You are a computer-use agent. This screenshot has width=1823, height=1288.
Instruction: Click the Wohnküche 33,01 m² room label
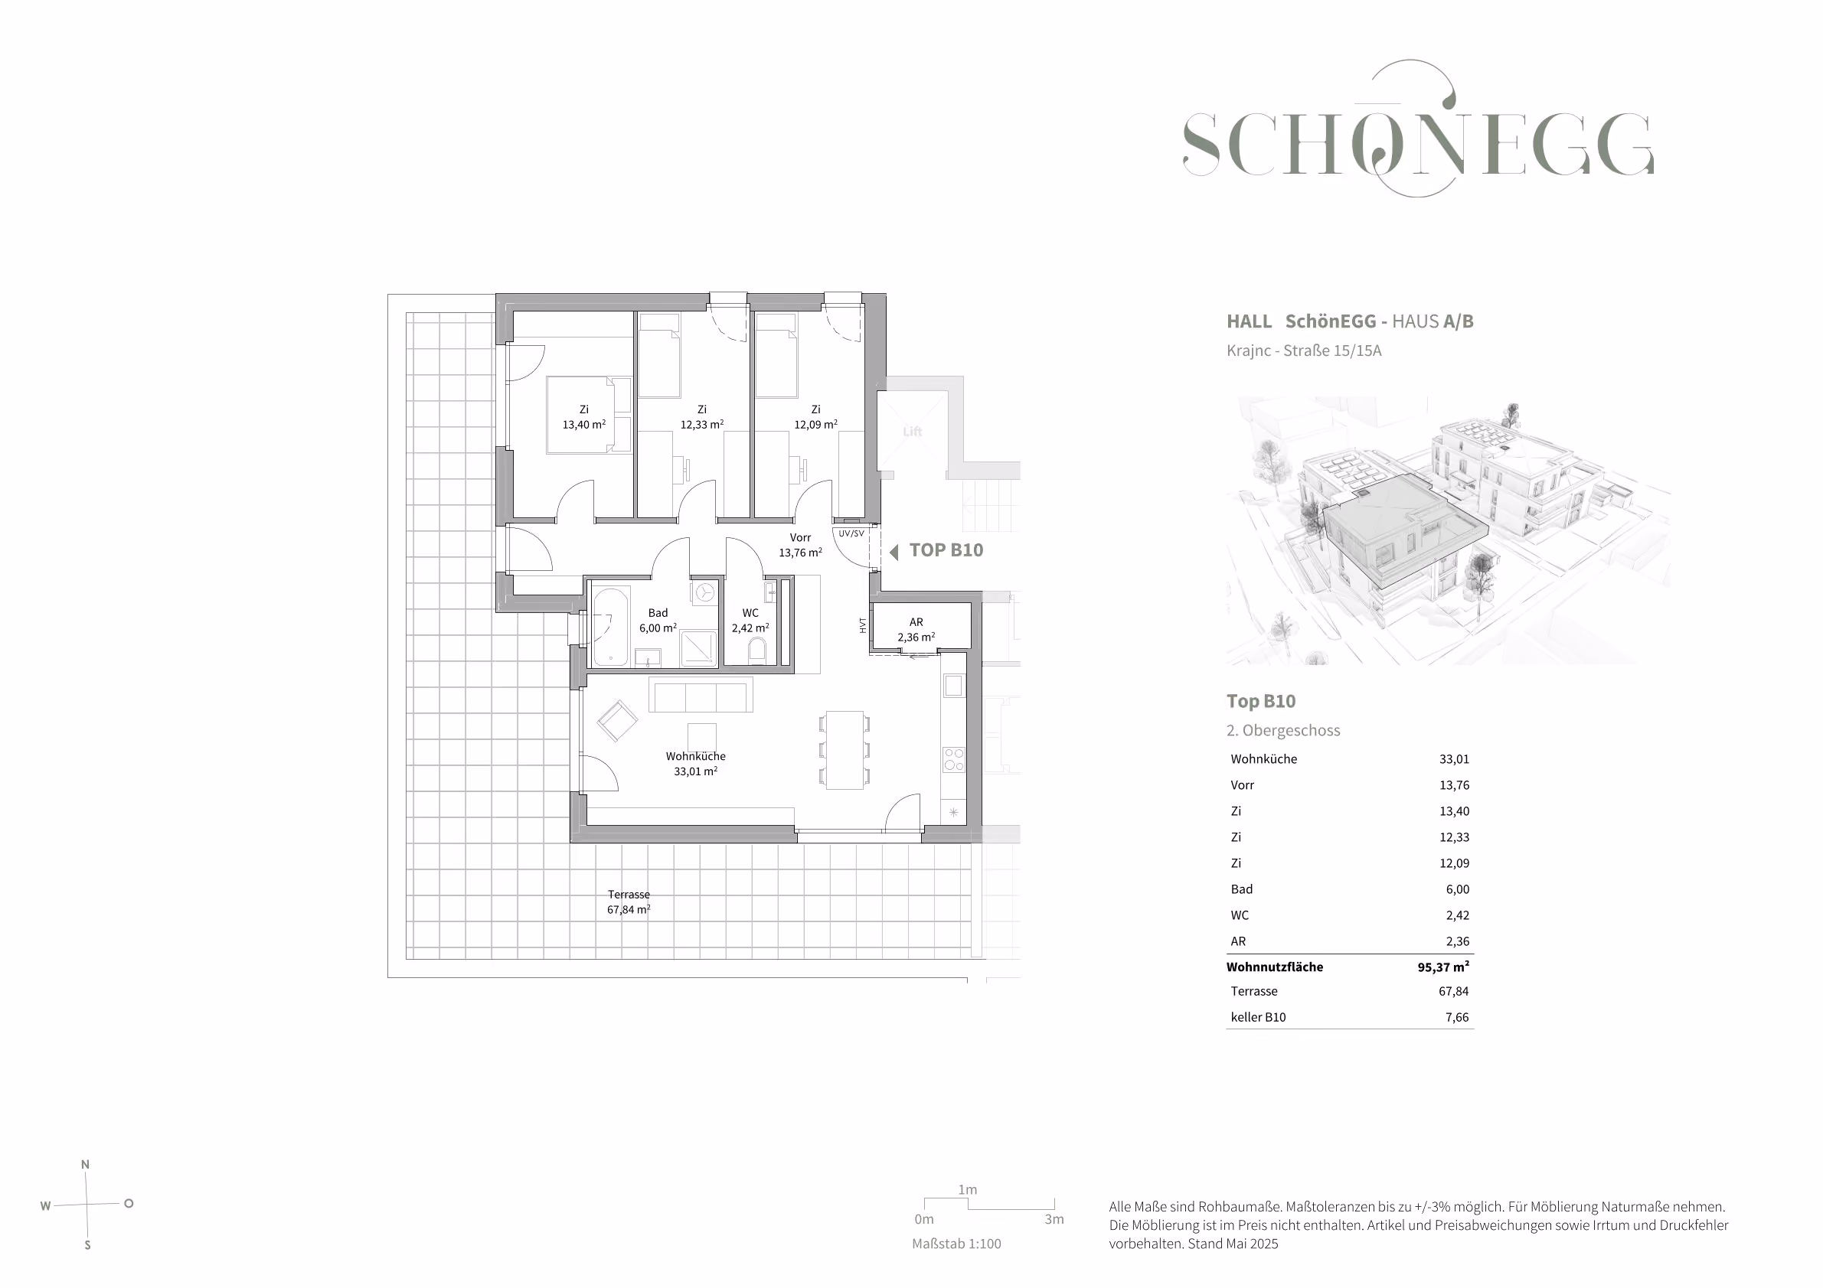(x=695, y=764)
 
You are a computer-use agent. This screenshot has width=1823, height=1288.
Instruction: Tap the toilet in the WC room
(x=756, y=651)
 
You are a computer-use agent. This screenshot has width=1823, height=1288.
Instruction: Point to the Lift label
(x=913, y=432)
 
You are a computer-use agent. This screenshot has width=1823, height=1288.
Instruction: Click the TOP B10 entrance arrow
(x=894, y=552)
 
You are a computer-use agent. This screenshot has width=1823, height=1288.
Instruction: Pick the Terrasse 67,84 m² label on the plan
(x=629, y=902)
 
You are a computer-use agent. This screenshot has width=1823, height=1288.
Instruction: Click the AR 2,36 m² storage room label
(x=916, y=629)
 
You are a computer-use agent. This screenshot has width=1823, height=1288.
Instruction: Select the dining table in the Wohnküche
(x=844, y=750)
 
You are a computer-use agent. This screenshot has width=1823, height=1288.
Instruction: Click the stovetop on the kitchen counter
(x=953, y=759)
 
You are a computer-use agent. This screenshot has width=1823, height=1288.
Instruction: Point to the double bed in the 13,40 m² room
(x=588, y=415)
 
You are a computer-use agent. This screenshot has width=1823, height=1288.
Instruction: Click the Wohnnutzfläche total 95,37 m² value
(x=1442, y=967)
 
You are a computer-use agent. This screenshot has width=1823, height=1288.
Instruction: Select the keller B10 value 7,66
(x=1457, y=1017)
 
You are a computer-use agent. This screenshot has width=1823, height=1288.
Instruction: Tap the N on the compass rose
(x=85, y=1165)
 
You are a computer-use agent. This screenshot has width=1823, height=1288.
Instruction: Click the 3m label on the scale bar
(x=1054, y=1219)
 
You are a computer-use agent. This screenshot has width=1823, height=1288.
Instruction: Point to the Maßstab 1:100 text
(x=956, y=1244)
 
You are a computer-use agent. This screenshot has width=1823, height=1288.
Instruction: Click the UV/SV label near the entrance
(x=851, y=533)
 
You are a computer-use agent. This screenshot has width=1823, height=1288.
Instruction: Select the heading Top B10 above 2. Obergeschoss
(x=1261, y=701)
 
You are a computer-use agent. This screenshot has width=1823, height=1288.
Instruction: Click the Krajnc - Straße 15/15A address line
(x=1304, y=351)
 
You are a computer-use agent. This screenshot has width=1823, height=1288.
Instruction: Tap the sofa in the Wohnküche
(x=701, y=694)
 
